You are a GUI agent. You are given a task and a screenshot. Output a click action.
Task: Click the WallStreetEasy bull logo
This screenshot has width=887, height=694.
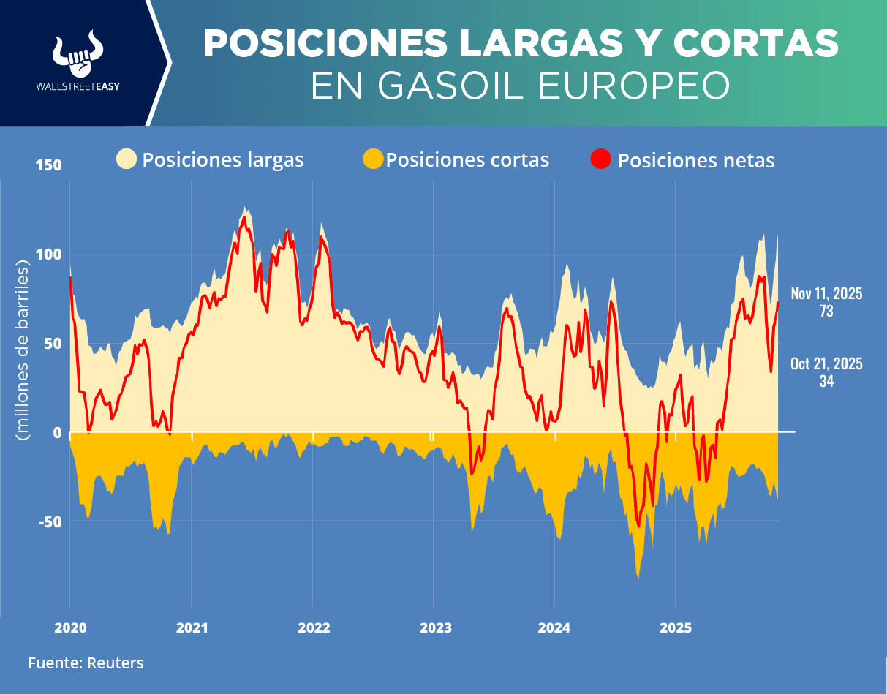pos(78,55)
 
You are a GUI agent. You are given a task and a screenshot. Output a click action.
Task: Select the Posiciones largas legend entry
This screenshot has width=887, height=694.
pos(211,159)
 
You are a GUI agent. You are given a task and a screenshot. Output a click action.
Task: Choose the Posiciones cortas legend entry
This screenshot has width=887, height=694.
pos(456,159)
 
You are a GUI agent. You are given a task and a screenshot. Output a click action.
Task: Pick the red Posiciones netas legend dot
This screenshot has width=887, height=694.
pos(601,159)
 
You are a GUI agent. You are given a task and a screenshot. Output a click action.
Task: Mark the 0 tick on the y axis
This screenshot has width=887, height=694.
pos(56,433)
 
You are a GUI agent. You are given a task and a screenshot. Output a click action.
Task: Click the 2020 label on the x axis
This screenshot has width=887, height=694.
pos(70,627)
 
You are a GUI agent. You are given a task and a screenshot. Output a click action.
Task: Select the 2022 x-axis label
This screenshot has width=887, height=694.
pos(313,627)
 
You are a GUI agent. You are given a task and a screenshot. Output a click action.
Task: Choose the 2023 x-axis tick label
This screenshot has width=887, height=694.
pos(434,627)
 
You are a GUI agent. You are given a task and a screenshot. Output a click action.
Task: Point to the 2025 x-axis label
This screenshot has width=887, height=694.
pos(676,627)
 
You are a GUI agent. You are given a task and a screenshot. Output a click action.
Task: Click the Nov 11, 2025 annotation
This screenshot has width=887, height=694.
pos(826,294)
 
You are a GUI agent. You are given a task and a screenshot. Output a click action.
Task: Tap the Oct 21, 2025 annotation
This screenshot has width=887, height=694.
pos(826,363)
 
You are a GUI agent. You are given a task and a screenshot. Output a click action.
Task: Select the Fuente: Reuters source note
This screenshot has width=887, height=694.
pos(86,663)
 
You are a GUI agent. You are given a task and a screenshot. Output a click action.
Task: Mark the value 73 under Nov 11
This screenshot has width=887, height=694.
pos(826,311)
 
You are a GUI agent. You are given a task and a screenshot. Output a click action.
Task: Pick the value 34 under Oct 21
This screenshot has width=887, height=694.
pos(826,381)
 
